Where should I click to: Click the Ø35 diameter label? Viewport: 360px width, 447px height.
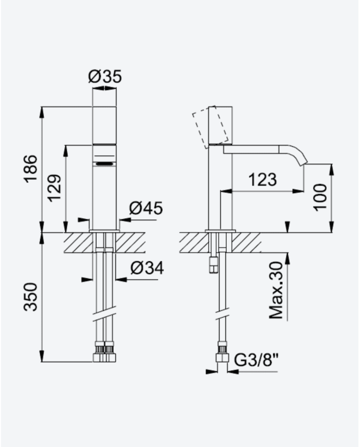coord(105,77)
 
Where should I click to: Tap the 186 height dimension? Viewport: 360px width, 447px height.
coord(30,169)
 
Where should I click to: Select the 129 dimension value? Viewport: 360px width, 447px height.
coord(54,188)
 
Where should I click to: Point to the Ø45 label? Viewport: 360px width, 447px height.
coord(146,208)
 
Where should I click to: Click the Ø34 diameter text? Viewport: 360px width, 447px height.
coord(147,268)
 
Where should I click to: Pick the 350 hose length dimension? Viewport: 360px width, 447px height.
coord(30,297)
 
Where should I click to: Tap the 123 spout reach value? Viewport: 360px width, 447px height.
coord(262,180)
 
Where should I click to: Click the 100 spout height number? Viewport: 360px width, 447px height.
coord(320,198)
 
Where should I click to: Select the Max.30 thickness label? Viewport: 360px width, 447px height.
coord(276,291)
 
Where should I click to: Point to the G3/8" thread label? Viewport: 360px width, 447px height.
coord(256,361)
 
